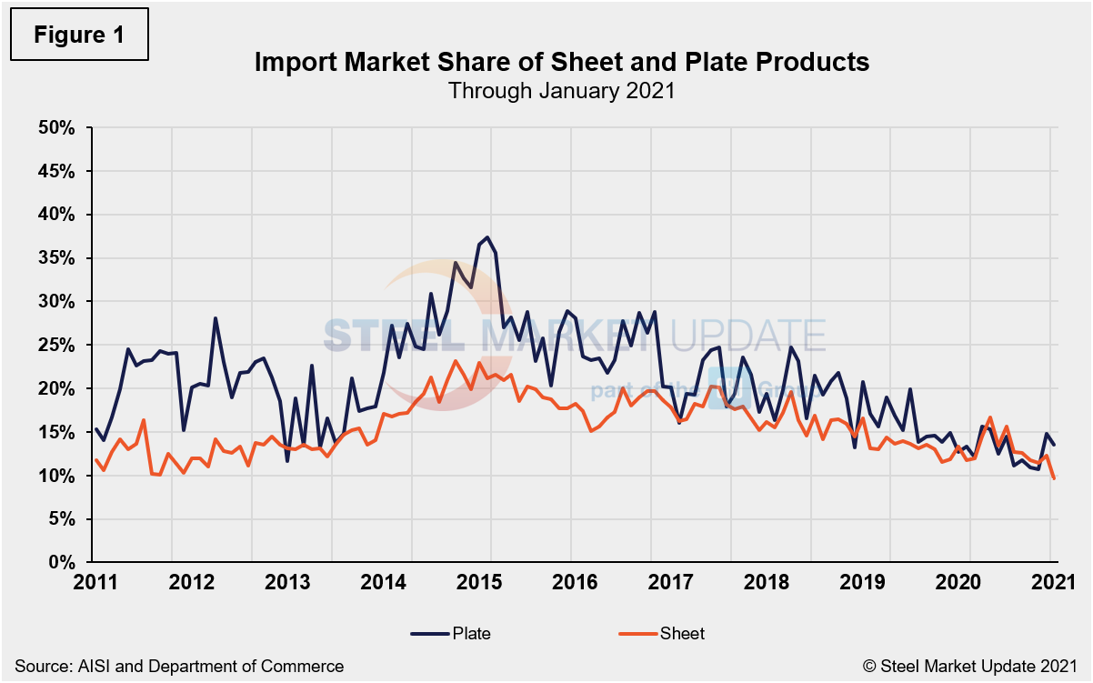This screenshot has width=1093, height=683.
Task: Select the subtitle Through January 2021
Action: (561, 91)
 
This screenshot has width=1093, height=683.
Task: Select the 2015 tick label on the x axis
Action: (491, 582)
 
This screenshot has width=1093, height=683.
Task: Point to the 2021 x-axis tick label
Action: (1052, 582)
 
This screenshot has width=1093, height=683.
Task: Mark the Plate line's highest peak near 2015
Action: (488, 237)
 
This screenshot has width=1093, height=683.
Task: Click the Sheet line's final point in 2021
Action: (1054, 478)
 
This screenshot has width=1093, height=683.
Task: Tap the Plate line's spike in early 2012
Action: (216, 318)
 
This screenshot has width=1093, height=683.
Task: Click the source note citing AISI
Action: (179, 667)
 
